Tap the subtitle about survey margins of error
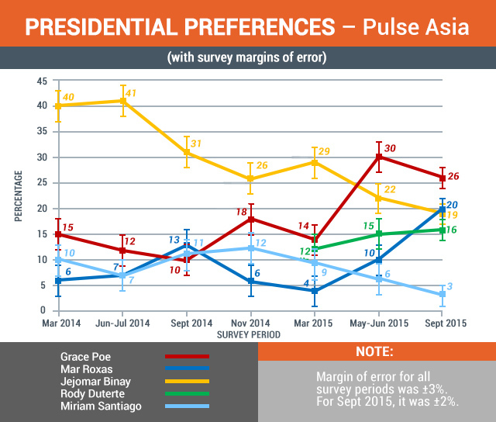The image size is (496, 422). tap(247, 59)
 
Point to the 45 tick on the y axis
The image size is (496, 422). tap(42, 81)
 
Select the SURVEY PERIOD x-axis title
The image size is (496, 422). tap(248, 335)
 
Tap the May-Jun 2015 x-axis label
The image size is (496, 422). tap(378, 323)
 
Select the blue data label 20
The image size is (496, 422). tap(452, 205)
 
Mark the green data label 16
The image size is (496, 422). tap(453, 230)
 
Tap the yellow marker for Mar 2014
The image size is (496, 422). tap(58, 106)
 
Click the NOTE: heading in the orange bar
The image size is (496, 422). tap(375, 351)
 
